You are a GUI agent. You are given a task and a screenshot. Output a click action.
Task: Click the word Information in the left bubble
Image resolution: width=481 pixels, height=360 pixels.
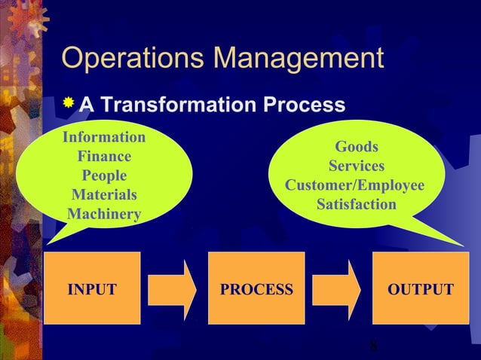coord(104,138)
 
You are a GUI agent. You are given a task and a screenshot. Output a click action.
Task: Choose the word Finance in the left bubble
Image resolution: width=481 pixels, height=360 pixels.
coord(104,157)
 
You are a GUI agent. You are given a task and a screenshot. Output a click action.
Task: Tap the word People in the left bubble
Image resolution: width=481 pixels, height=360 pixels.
coord(104,176)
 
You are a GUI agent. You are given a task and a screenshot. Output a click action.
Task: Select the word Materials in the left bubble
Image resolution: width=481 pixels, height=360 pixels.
coord(104,196)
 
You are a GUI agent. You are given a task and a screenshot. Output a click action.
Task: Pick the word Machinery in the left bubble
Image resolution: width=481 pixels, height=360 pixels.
coord(104,215)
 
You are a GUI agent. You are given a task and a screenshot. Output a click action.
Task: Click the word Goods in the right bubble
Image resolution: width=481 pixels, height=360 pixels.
coord(357,147)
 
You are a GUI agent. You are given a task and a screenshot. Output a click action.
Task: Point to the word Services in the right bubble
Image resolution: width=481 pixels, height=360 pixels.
coord(357,166)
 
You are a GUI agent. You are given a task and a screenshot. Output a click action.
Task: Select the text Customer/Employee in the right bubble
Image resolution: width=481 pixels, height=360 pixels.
coord(355,185)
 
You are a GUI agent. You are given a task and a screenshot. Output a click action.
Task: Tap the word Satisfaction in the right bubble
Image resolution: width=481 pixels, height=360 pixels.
coord(357,205)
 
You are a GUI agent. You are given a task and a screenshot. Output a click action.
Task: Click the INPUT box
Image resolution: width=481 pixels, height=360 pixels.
coord(92,289)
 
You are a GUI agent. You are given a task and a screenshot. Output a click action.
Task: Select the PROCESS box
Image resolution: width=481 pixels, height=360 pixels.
coord(256,289)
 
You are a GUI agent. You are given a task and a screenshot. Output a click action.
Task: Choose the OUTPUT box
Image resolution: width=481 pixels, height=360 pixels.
coord(421,289)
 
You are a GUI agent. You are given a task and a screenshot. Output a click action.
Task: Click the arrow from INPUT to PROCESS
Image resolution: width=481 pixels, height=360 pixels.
coord(173,289)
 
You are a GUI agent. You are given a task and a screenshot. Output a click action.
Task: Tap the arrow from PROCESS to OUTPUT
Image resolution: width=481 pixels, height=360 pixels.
coord(338,289)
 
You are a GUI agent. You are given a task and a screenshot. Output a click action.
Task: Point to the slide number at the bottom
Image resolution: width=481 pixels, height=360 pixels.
coord(374,347)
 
